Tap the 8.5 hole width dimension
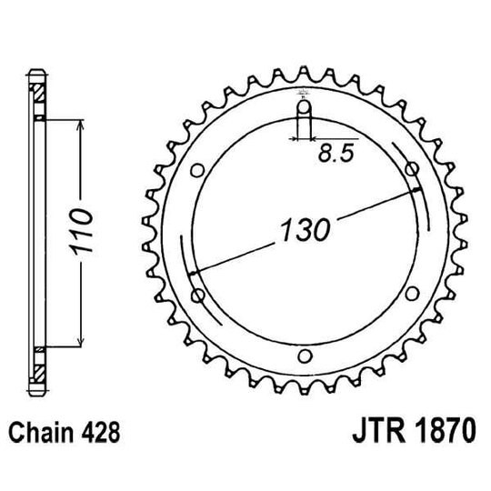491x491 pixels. click(336, 155)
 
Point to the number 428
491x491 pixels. click(102, 436)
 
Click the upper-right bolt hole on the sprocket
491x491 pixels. click(412, 170)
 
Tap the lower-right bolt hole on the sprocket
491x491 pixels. click(412, 293)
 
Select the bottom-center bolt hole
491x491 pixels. click(305, 355)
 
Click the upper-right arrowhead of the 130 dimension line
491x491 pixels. click(417, 189)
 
